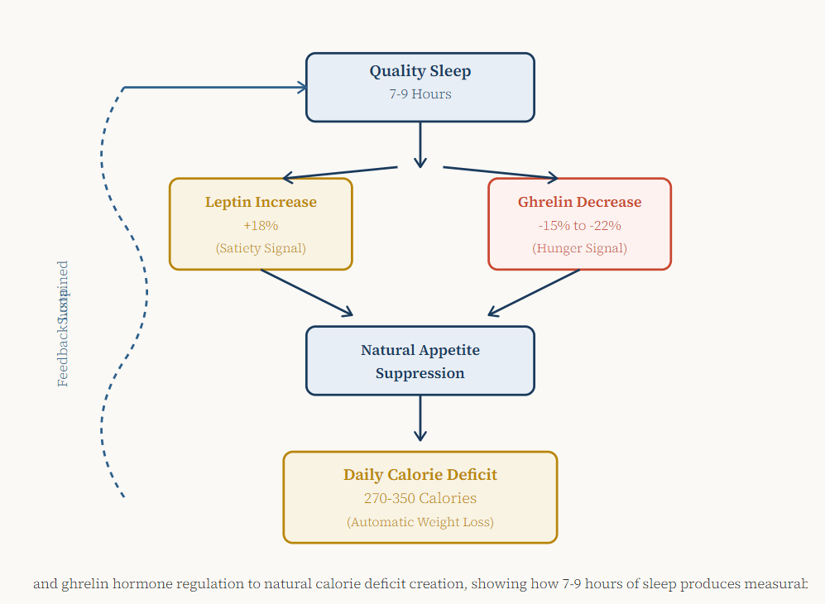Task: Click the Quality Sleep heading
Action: [x=420, y=71]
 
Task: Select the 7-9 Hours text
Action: [x=420, y=94]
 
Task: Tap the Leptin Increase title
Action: [x=261, y=202]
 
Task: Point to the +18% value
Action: [x=261, y=225]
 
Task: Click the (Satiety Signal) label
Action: [x=261, y=248]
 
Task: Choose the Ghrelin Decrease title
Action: [x=579, y=202]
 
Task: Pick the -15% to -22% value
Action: [x=579, y=225]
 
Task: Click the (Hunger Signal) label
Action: [x=579, y=248]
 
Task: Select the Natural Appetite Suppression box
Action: [x=420, y=361]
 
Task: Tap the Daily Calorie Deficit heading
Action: [x=420, y=475]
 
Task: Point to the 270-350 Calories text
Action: [x=420, y=498]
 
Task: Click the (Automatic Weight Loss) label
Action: [x=420, y=522]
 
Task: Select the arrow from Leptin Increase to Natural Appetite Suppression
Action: [x=306, y=293]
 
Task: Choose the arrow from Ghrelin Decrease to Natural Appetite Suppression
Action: [x=534, y=293]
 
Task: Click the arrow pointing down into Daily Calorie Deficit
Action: [x=420, y=420]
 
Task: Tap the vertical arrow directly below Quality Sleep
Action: [x=420, y=145]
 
